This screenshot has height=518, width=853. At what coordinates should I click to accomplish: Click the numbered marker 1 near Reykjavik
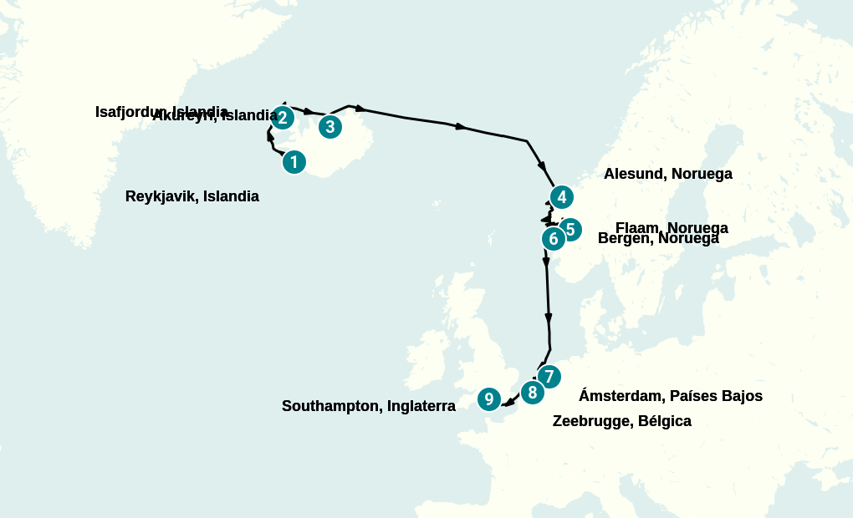click(294, 161)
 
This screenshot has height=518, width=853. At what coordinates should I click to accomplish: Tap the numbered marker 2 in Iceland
click(283, 118)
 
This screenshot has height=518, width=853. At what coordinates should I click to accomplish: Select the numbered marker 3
click(330, 127)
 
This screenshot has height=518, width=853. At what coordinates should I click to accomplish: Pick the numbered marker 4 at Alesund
click(562, 197)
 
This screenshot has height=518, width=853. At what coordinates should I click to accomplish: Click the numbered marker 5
click(570, 229)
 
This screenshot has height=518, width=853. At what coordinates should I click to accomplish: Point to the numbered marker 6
click(553, 239)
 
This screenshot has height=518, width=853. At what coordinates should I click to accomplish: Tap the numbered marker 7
click(548, 375)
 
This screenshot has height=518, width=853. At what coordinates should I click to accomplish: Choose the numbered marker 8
click(531, 392)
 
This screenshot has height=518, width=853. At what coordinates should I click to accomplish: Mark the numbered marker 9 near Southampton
click(488, 399)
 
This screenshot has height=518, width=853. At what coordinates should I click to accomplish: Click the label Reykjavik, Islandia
click(192, 196)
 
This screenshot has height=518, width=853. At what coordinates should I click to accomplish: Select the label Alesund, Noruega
click(667, 174)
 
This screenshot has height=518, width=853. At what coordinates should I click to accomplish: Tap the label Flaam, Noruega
click(672, 227)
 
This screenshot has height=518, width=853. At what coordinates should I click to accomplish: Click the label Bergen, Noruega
click(658, 238)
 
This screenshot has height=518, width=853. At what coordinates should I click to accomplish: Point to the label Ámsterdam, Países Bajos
click(670, 396)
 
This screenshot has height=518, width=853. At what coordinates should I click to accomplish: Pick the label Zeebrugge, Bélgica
click(621, 421)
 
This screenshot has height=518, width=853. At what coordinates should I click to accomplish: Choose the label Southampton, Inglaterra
click(368, 406)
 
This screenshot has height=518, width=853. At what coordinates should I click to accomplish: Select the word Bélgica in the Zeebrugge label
click(664, 421)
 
